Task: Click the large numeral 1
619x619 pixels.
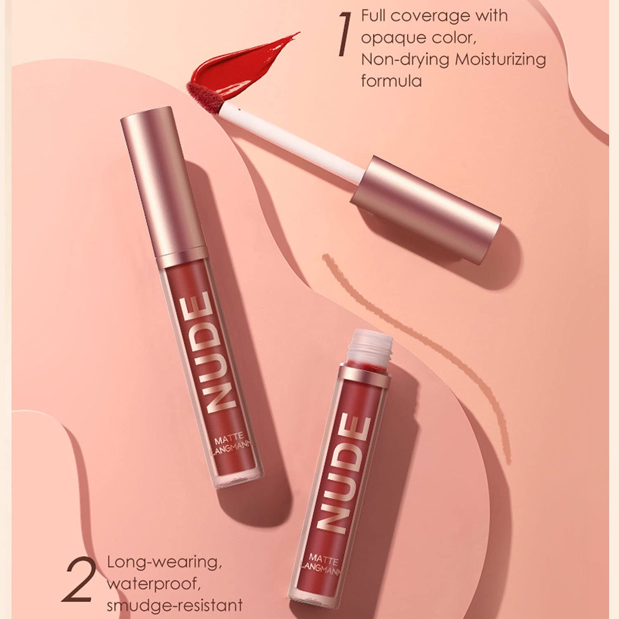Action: click(344, 34)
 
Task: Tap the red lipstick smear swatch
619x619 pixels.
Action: click(240, 64)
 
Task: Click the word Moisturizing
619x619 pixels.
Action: click(500, 60)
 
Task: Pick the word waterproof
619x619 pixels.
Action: click(153, 584)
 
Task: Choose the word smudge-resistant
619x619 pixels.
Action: click(174, 606)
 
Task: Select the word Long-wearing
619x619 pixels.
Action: click(164, 562)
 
